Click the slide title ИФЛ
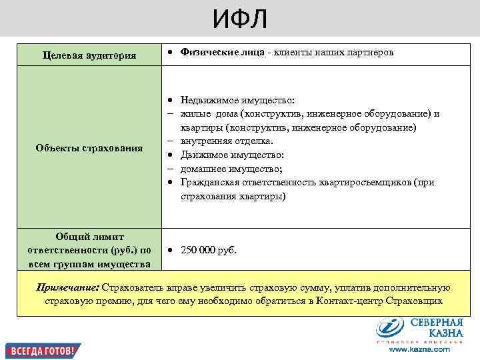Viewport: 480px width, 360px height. pyautogui.click(x=240, y=19)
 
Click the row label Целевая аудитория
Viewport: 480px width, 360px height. pyautogui.click(x=89, y=55)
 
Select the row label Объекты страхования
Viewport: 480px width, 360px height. pyautogui.click(x=89, y=147)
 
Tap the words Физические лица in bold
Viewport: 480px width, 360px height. pyautogui.click(x=222, y=52)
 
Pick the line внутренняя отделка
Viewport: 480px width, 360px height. pyautogui.click(x=227, y=141)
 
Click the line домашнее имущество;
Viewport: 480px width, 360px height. pyautogui.click(x=227, y=169)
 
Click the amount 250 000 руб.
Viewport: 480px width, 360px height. pyautogui.click(x=209, y=251)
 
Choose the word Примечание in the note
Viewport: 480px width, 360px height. pyautogui.click(x=67, y=287)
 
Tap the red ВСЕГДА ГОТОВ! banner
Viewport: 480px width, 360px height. pyautogui.click(x=43, y=350)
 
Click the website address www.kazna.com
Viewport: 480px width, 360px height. pyautogui.click(x=419, y=349)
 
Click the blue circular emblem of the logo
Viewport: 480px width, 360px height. pyautogui.click(x=389, y=329)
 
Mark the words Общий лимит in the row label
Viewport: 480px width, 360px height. pyautogui.click(x=89, y=236)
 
